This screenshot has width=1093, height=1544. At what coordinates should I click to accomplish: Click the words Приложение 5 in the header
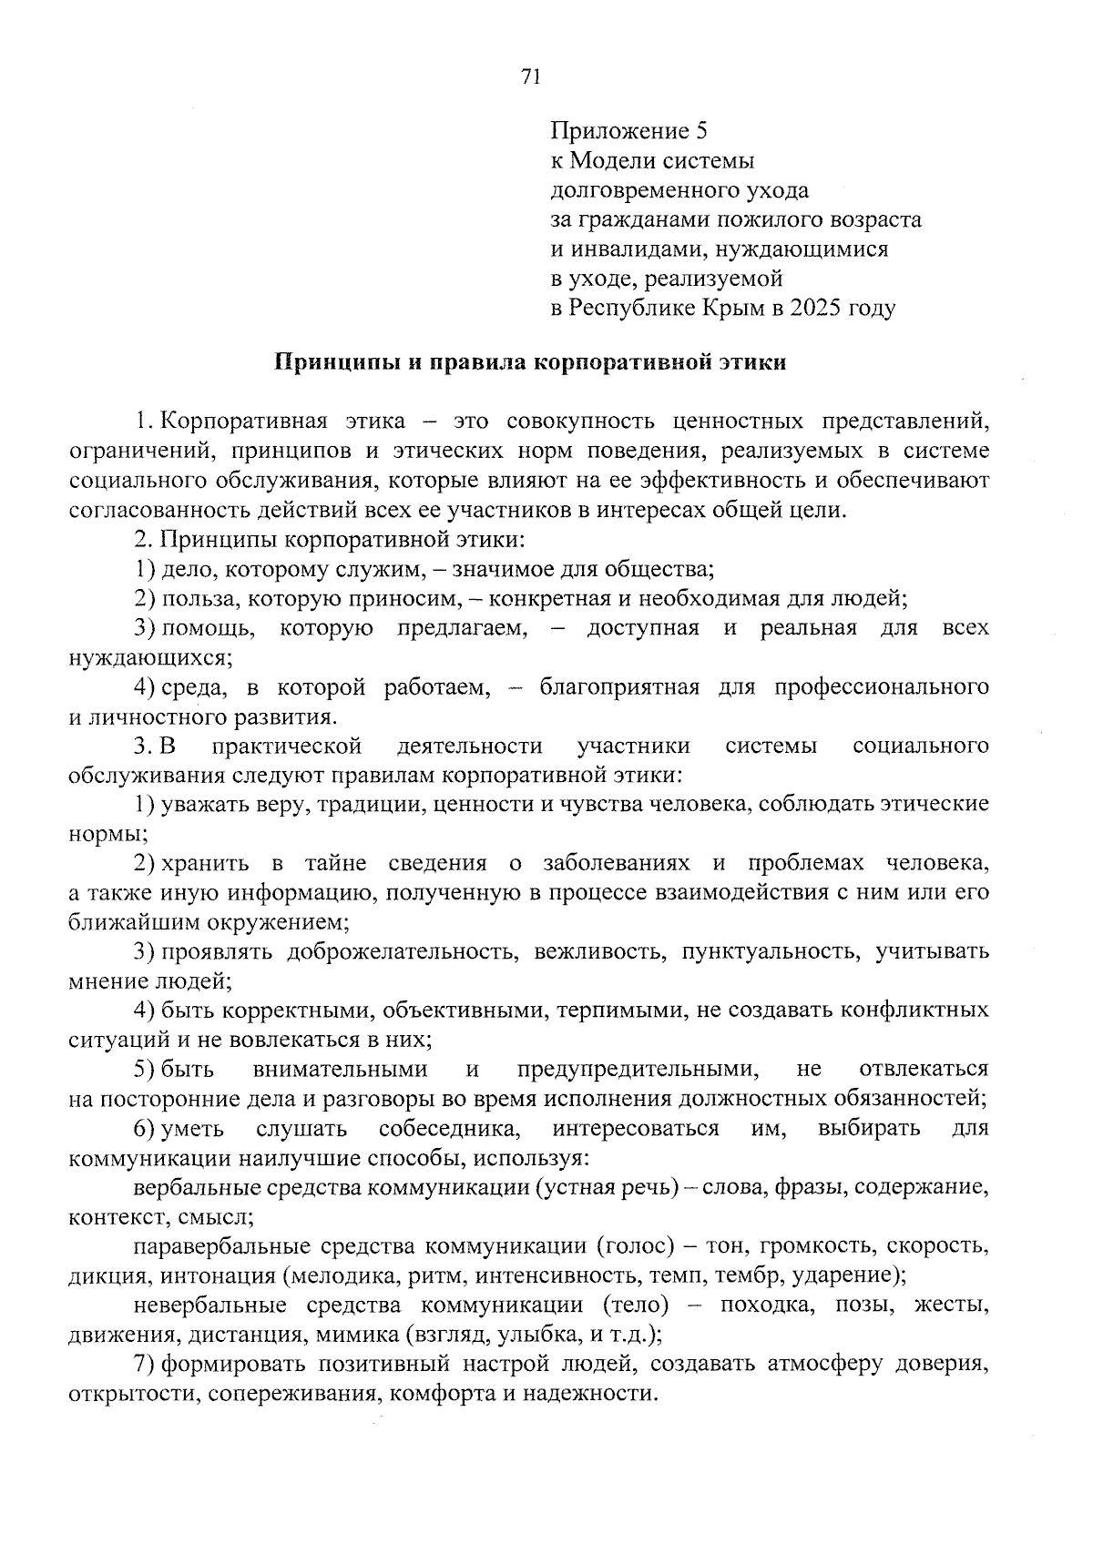[628, 131]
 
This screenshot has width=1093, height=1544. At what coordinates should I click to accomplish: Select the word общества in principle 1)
[665, 570]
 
